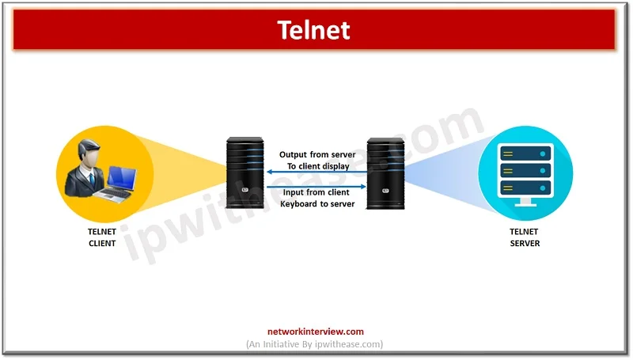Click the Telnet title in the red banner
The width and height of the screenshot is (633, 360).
click(313, 30)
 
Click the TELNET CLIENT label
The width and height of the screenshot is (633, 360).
click(102, 237)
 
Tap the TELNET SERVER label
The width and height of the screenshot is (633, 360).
click(525, 237)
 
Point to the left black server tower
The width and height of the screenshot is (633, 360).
click(245, 172)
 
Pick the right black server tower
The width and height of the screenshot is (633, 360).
click(385, 173)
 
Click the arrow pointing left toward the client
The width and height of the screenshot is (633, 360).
click(317, 172)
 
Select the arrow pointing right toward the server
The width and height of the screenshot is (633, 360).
click(316, 187)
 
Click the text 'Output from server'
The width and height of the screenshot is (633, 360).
click(317, 154)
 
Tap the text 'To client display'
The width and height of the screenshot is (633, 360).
click(318, 166)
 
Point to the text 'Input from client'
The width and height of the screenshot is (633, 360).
click(316, 192)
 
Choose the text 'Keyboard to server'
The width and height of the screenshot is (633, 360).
click(317, 204)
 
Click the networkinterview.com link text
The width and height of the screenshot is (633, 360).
click(315, 332)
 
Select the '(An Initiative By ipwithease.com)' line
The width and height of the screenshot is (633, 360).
click(314, 344)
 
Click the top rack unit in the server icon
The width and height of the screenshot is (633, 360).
click(525, 153)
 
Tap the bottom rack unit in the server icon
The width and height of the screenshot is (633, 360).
click(525, 188)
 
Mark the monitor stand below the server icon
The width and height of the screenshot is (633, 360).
click(525, 203)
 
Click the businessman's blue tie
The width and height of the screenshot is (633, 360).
click(92, 178)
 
